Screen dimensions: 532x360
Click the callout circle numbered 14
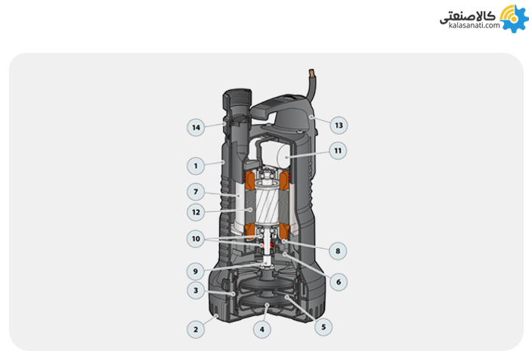196,127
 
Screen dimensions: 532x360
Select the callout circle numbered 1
196,166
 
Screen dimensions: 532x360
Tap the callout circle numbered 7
196,192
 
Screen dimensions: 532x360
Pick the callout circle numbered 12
196,213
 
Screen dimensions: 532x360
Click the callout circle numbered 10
196,239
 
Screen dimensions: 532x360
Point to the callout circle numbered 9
196,272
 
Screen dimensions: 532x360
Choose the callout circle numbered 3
196,290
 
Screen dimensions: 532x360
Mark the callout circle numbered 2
196,329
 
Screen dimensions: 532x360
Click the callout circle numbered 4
262,329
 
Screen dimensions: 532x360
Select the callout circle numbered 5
323,327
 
